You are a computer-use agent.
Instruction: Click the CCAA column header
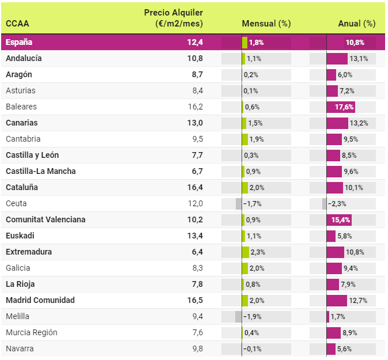(17, 24)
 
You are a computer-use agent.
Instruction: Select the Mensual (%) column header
(266, 24)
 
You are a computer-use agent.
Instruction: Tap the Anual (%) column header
(356, 24)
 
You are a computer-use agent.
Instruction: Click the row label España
(19, 42)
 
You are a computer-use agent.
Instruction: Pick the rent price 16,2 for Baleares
(195, 107)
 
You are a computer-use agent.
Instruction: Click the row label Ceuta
(16, 203)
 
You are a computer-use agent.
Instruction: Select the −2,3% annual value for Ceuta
(338, 203)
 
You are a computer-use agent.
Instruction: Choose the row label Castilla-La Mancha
(40, 171)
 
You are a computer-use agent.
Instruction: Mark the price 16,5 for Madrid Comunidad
(195, 300)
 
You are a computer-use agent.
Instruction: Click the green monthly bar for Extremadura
(246, 252)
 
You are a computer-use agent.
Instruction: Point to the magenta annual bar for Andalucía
(337, 58)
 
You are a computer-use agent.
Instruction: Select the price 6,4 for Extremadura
(197, 252)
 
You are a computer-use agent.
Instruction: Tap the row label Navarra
(20, 348)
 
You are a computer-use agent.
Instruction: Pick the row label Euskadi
(20, 236)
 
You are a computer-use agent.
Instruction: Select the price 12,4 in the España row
(195, 42)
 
